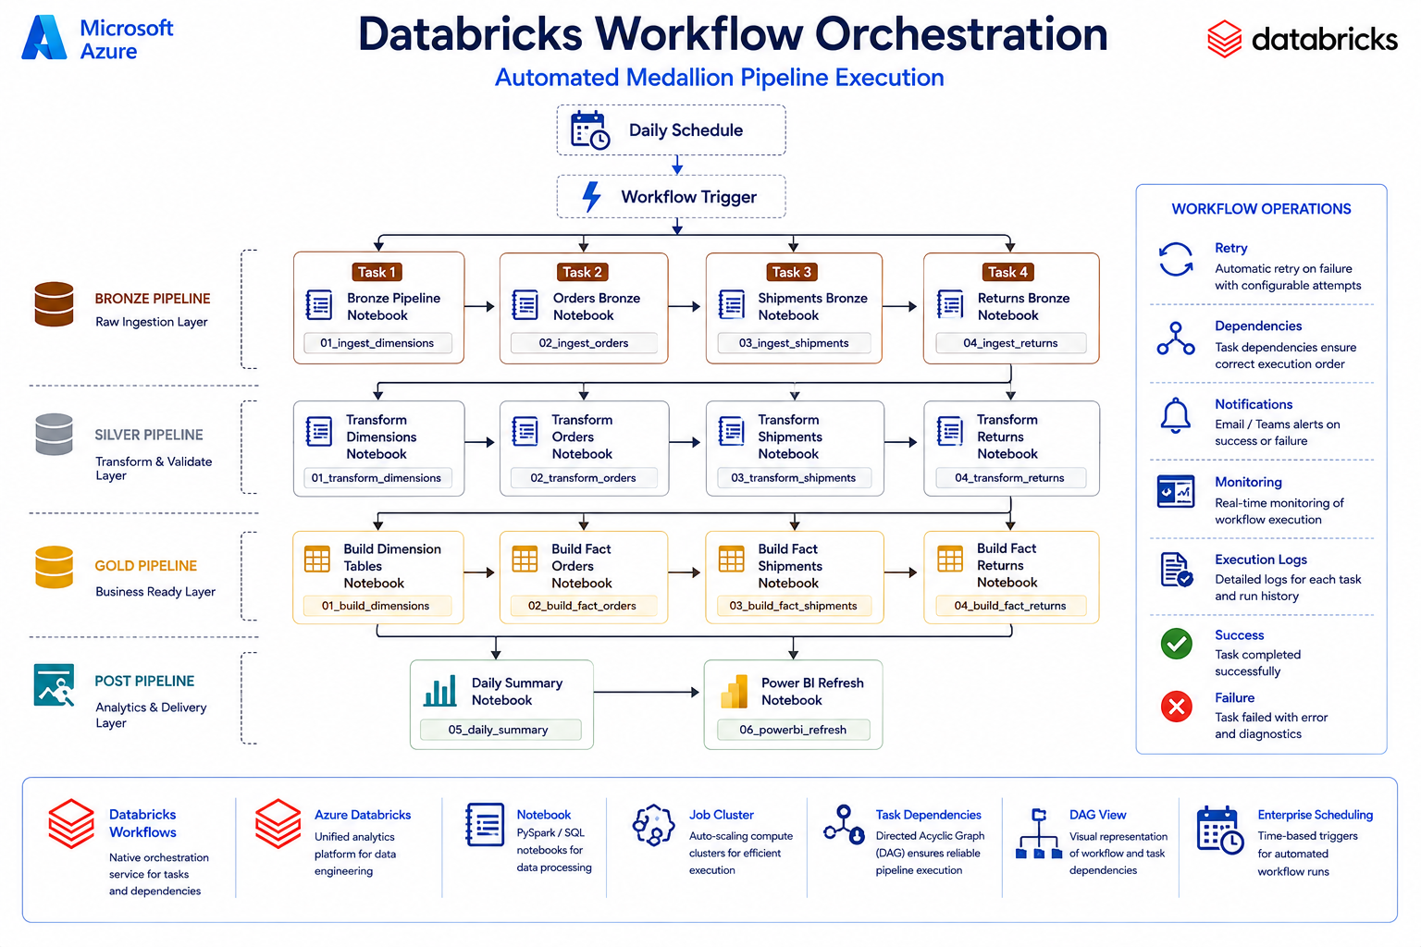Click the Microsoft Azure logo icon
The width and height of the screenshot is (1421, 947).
(43, 38)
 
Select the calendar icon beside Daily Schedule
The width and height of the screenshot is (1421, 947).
(590, 130)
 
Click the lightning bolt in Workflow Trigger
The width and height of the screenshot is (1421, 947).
(592, 197)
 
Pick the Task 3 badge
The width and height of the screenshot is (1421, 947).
(792, 272)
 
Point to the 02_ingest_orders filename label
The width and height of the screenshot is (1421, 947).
(584, 343)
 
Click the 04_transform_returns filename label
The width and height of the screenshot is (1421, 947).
(1010, 477)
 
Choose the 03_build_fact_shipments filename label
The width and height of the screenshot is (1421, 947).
(793, 606)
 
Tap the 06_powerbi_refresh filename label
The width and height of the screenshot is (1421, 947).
(793, 730)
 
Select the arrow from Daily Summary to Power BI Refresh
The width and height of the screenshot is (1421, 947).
(647, 692)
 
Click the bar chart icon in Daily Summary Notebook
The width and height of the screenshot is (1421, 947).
(440, 691)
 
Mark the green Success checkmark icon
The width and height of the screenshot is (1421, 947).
(1176, 645)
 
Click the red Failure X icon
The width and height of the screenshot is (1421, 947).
(1176, 707)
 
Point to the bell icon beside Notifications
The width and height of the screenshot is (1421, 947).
(1176, 415)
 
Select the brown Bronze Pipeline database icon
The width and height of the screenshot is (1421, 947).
(54, 304)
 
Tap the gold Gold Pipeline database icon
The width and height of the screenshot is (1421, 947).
(54, 567)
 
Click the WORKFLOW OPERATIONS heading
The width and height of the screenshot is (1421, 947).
(1261, 209)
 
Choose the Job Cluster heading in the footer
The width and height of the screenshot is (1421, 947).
(722, 815)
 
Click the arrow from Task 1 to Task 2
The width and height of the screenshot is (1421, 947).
(479, 306)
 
